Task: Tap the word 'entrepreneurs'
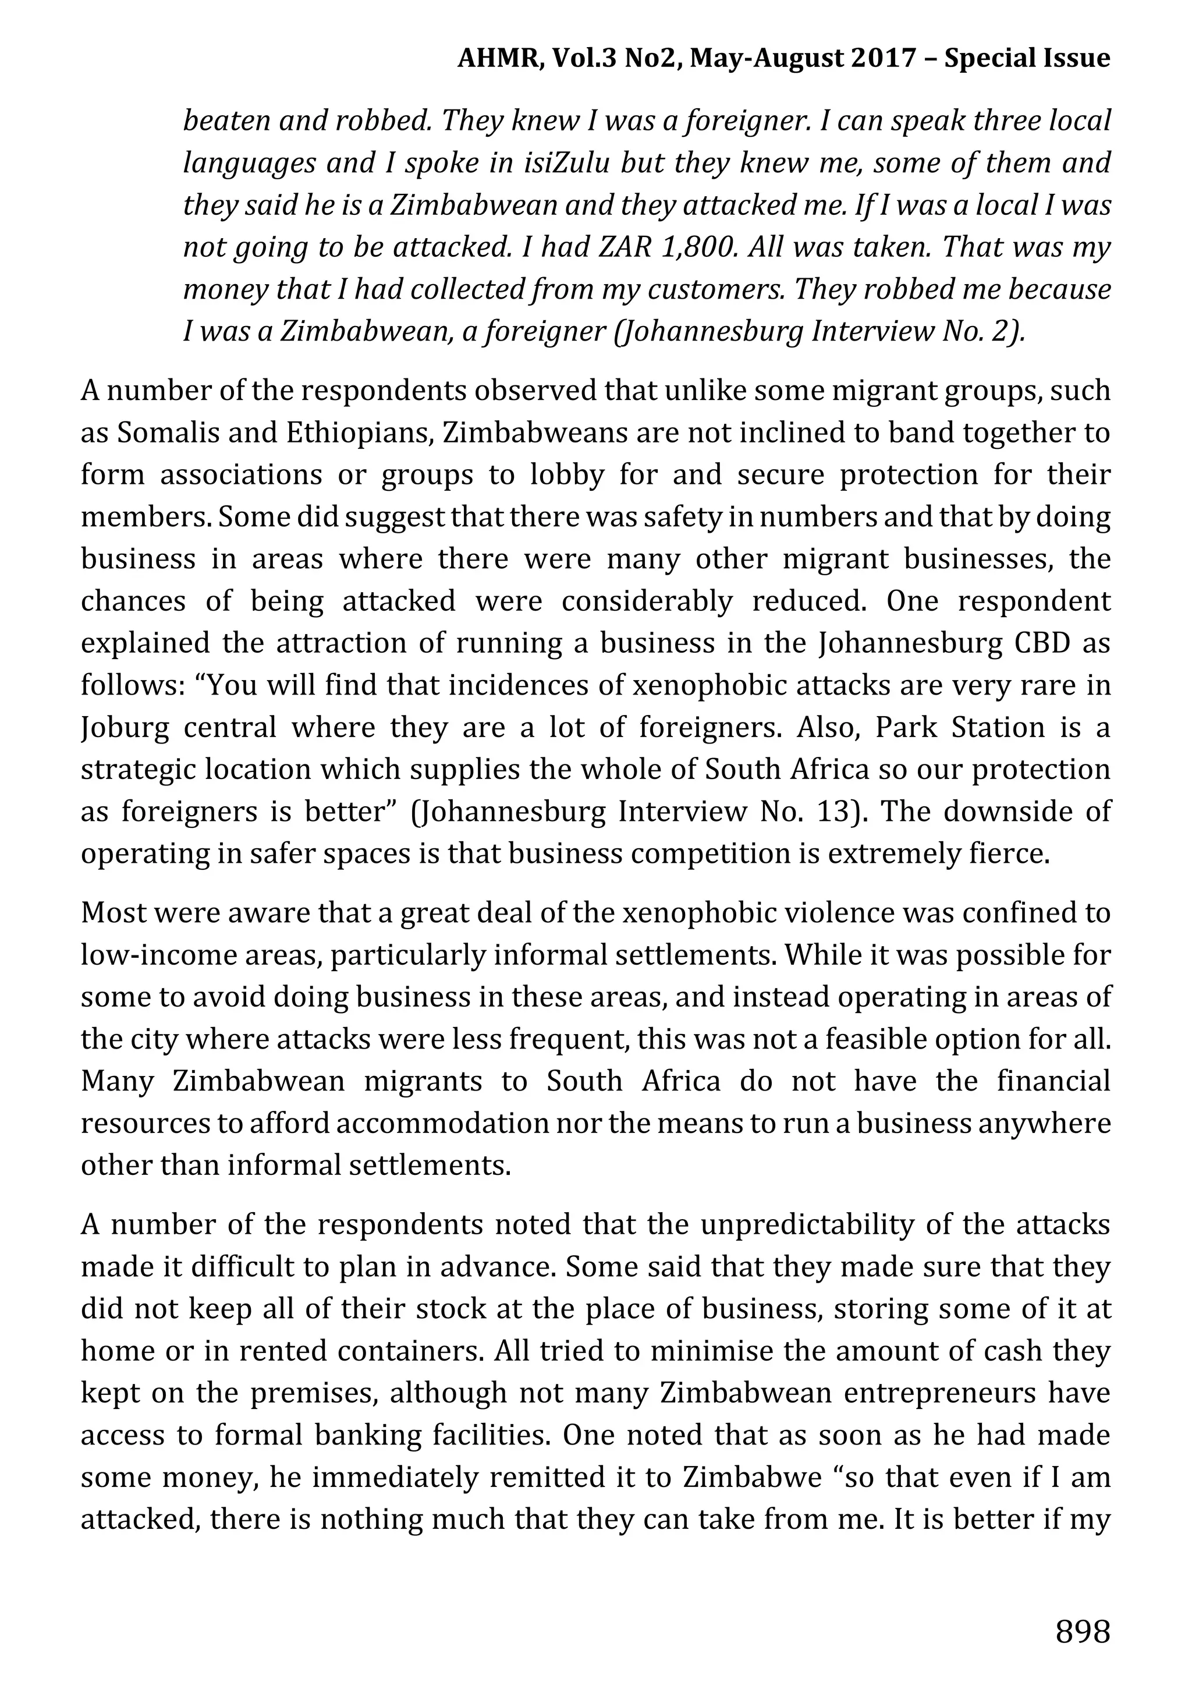(x=943, y=1393)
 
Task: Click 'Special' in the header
(x=995, y=58)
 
